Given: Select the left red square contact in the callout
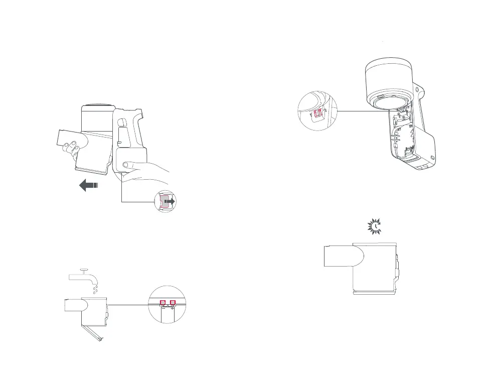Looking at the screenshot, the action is [162, 303].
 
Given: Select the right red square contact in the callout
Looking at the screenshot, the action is [173, 303].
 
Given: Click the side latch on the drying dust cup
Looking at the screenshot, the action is [397, 266].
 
